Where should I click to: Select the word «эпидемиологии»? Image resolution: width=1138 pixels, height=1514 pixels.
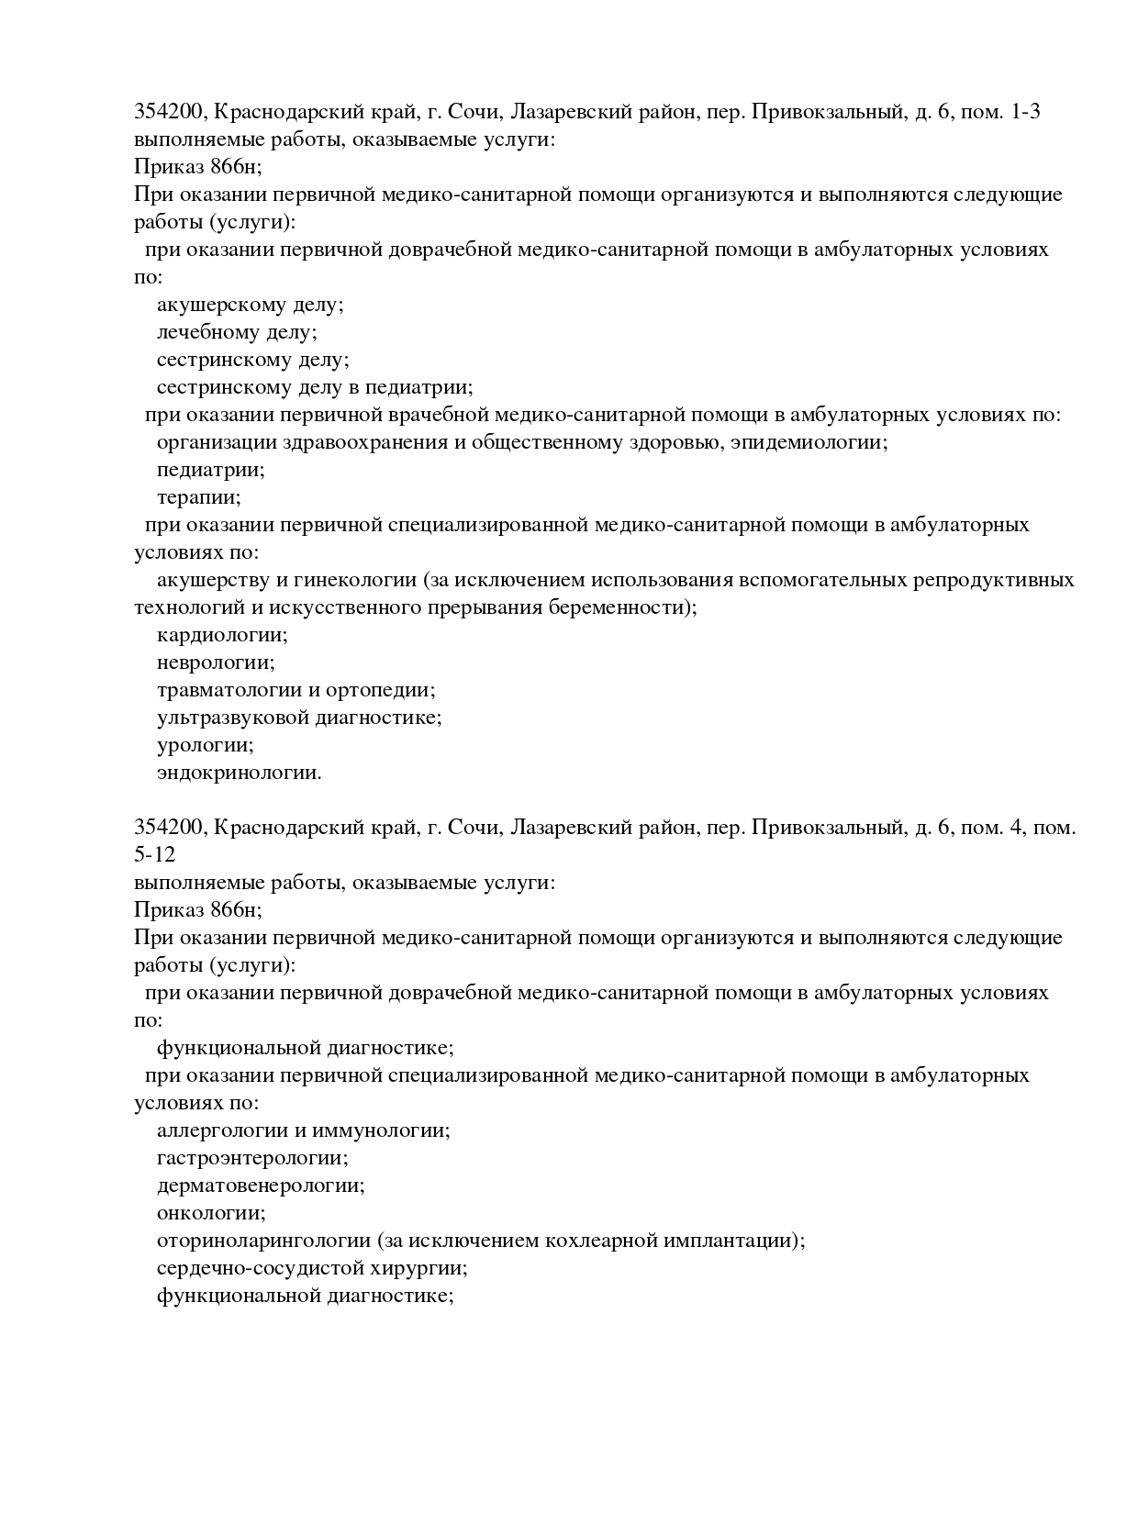pyautogui.click(x=809, y=442)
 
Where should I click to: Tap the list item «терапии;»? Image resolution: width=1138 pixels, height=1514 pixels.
pyautogui.click(x=198, y=497)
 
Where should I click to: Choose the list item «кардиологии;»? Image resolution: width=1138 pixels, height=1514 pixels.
pyautogui.click(x=222, y=635)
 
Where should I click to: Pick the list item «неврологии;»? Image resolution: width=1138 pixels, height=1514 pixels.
pyautogui.click(x=216, y=662)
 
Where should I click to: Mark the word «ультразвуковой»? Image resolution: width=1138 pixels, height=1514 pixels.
pyautogui.click(x=232, y=718)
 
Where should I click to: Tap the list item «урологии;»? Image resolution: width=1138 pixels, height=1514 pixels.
pyautogui.click(x=205, y=745)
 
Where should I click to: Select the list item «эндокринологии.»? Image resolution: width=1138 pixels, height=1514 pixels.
pyautogui.click(x=240, y=773)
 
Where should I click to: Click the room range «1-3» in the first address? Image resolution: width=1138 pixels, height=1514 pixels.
pyautogui.click(x=1024, y=112)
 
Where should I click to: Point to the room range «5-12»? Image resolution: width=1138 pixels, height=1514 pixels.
pyautogui.click(x=154, y=855)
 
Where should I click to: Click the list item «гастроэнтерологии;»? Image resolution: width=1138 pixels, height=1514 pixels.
pyautogui.click(x=252, y=1158)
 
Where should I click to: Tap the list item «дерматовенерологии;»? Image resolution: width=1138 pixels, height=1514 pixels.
pyautogui.click(x=261, y=1186)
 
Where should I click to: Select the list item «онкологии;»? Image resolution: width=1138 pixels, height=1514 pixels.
pyautogui.click(x=211, y=1213)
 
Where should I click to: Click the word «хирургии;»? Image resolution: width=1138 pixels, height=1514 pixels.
pyautogui.click(x=427, y=1268)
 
